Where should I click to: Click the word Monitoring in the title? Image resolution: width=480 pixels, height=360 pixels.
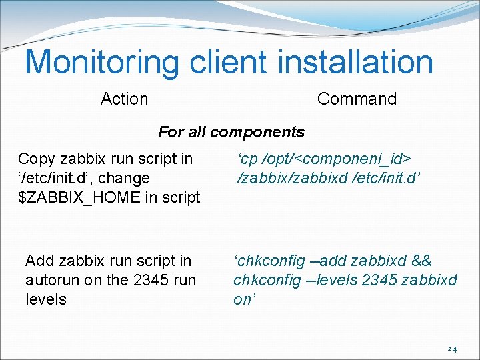[x=102, y=62]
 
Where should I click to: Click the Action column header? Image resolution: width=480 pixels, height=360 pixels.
[x=124, y=99]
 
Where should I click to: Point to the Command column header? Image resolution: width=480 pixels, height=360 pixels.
[x=357, y=99]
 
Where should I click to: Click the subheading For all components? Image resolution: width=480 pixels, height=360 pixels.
[x=231, y=132]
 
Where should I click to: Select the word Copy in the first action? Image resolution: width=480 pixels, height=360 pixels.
[x=37, y=159]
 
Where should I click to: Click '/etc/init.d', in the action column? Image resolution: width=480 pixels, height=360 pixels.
[x=51, y=178]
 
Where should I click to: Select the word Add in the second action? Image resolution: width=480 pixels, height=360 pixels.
[x=39, y=261]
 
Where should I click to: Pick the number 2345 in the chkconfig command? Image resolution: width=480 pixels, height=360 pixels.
[x=379, y=280]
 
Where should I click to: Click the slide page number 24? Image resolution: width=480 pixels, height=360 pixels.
[x=452, y=349]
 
